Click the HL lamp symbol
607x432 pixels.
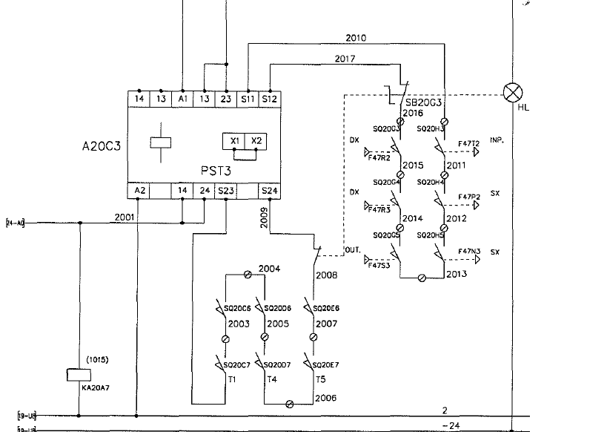click(511, 93)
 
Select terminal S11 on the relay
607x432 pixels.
click(247, 99)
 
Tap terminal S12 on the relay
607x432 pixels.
click(270, 99)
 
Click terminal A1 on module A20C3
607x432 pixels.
click(183, 99)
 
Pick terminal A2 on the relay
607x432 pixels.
click(140, 191)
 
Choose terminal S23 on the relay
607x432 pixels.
click(225, 191)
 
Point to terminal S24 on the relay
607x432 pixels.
click(270, 191)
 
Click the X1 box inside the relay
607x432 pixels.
click(234, 140)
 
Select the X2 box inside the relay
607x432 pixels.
click(256, 140)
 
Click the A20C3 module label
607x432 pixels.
click(101, 146)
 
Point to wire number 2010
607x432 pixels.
click(356, 38)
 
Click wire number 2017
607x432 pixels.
click(345, 58)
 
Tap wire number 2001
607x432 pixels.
click(125, 217)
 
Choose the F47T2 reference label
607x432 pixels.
click(469, 143)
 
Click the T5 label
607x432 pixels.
click(320, 379)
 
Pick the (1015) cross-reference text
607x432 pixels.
click(97, 360)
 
